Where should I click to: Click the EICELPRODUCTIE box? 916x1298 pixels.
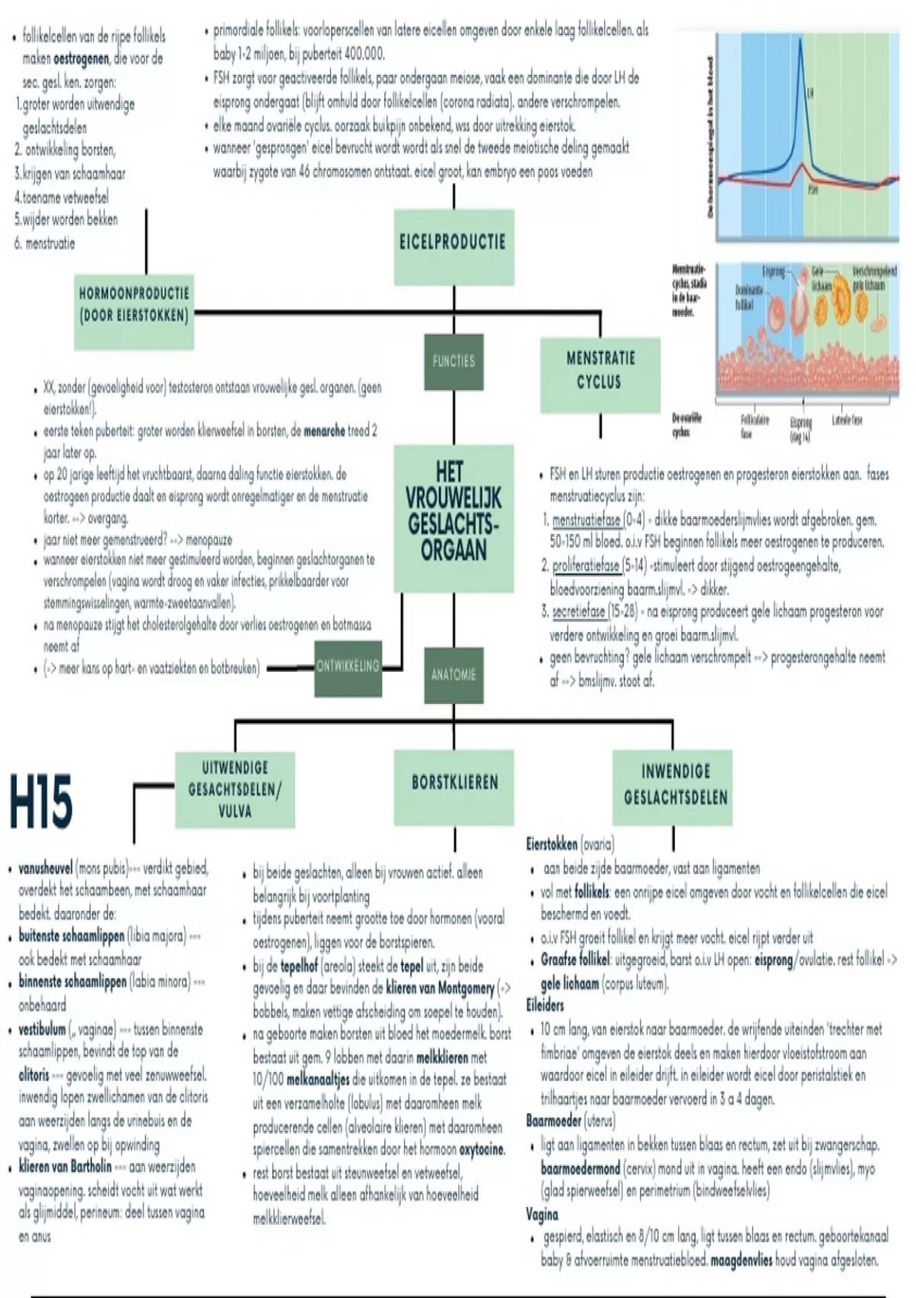pos(453,243)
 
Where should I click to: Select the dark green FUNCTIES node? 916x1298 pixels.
pos(453,361)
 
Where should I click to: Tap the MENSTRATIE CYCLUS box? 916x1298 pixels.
pos(600,370)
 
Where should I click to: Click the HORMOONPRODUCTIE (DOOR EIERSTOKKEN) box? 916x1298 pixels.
pos(134,304)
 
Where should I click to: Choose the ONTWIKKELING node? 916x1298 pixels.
pos(348,667)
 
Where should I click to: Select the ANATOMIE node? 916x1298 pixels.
pos(453,675)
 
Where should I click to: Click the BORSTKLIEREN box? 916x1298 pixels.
pos(454,783)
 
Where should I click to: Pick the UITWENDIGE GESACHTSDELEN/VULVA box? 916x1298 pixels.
pos(234,789)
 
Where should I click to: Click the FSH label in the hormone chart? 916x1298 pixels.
pos(812,190)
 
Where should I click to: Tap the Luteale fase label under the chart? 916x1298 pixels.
pos(847,421)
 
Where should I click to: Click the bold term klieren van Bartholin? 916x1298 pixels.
pos(65,1167)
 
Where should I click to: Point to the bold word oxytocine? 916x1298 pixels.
pos(482,1150)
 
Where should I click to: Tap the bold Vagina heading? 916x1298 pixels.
pos(542,1215)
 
